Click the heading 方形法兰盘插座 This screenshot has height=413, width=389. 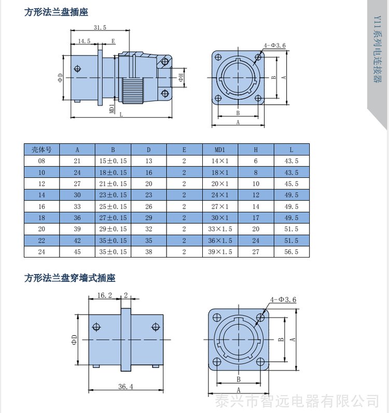[x=56, y=12]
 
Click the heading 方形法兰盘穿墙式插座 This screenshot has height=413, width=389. [x=70, y=278]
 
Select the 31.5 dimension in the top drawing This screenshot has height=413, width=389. [x=100, y=27]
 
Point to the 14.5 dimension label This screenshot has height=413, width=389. [x=85, y=41]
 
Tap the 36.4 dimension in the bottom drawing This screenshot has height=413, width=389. [x=126, y=387]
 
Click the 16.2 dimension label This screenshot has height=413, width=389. [x=105, y=295]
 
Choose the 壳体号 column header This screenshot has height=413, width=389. [x=41, y=150]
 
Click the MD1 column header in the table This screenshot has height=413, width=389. [x=220, y=150]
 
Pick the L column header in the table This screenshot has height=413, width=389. [x=291, y=150]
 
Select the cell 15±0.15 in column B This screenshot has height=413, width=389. [x=113, y=161]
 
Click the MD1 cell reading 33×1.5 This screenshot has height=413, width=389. [x=220, y=229]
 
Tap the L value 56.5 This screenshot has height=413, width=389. [x=291, y=252]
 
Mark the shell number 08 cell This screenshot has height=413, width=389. [x=41, y=161]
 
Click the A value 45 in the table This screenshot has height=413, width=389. [x=77, y=252]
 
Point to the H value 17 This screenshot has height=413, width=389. [x=256, y=218]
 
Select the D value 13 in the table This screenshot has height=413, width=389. [x=149, y=161]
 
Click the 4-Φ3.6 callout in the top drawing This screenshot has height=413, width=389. [x=274, y=45]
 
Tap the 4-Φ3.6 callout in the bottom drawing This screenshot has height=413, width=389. [x=283, y=300]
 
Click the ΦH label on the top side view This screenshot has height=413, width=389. [x=182, y=77]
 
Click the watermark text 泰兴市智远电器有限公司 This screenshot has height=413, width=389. [x=297, y=401]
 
